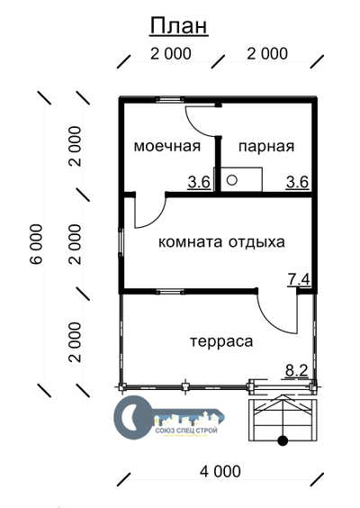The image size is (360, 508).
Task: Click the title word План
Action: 179,25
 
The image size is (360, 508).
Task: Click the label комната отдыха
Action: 221,242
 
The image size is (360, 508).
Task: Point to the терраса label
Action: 221,341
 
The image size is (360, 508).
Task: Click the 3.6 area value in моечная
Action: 199,182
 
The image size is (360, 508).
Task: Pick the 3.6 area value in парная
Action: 297,182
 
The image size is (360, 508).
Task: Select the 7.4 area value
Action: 299,280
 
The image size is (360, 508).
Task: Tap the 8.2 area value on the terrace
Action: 296,369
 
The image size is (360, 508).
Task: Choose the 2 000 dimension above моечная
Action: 171,54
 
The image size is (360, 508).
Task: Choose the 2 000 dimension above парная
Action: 267,54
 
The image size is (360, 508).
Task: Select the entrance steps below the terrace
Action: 282,419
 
